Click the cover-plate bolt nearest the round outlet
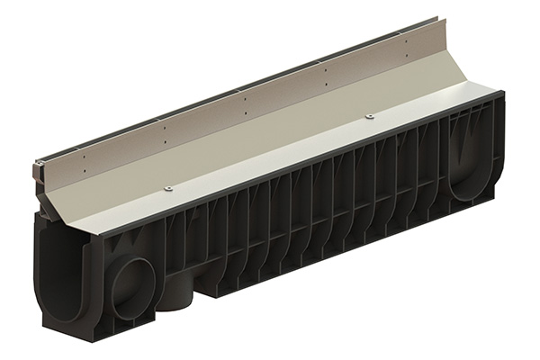[x=168, y=188]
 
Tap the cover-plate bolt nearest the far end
[x=369, y=117]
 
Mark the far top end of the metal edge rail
[x=439, y=19]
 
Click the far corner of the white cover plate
[x=495, y=85]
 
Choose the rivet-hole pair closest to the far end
[x=406, y=43]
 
